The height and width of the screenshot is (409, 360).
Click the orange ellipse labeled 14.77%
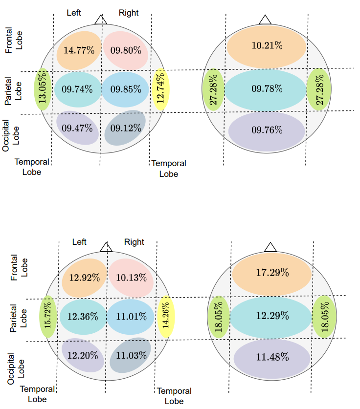[79, 50]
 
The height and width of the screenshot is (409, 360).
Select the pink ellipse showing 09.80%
[126, 50]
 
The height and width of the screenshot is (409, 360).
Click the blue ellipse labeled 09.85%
[126, 89]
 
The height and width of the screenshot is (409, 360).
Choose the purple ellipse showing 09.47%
[77, 129]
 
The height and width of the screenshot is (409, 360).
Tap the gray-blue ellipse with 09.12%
[126, 129]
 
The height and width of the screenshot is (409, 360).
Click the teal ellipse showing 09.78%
[267, 89]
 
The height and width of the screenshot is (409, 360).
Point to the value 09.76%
[267, 130]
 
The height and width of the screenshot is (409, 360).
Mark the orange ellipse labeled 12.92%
[85, 278]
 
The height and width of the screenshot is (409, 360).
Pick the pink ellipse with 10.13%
[131, 278]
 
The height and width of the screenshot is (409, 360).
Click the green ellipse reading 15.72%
[48, 317]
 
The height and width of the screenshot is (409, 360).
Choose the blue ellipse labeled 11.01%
[131, 317]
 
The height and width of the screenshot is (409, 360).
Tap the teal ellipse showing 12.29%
[272, 317]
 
